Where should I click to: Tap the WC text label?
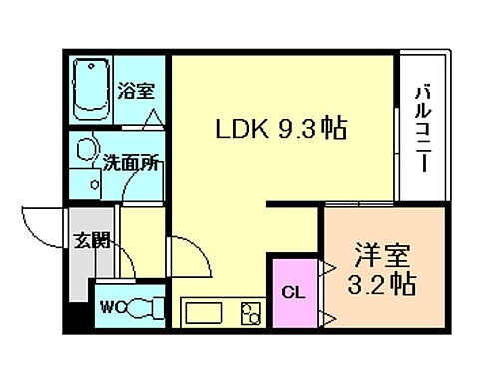[108, 307]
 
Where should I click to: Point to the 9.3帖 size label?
[311, 130]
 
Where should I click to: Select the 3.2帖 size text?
[382, 285]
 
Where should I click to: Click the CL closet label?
[293, 292]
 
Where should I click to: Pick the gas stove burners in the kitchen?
[250, 313]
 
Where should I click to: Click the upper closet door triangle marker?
[325, 266]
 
